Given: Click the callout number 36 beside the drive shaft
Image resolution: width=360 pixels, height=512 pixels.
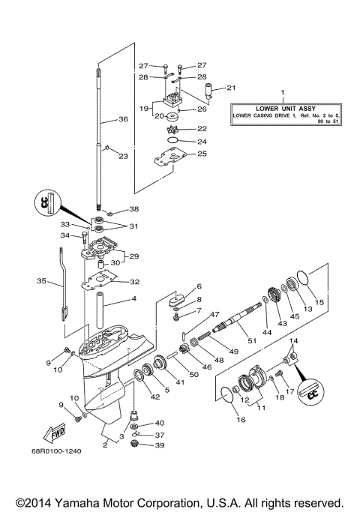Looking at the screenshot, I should (x=123, y=119).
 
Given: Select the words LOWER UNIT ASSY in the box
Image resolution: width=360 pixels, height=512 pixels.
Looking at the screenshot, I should (x=282, y=108).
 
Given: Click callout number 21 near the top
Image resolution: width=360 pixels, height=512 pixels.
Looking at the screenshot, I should (x=231, y=87).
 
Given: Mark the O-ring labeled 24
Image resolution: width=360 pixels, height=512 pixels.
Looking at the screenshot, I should (x=172, y=141).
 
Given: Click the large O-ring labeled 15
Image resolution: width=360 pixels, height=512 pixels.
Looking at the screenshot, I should (x=303, y=280).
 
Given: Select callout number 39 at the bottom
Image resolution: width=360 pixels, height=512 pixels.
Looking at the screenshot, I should (x=159, y=445).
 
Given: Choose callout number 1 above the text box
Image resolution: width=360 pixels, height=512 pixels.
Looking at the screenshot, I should (x=282, y=94).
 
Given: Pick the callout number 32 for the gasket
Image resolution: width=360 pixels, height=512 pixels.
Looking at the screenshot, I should (x=135, y=283).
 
